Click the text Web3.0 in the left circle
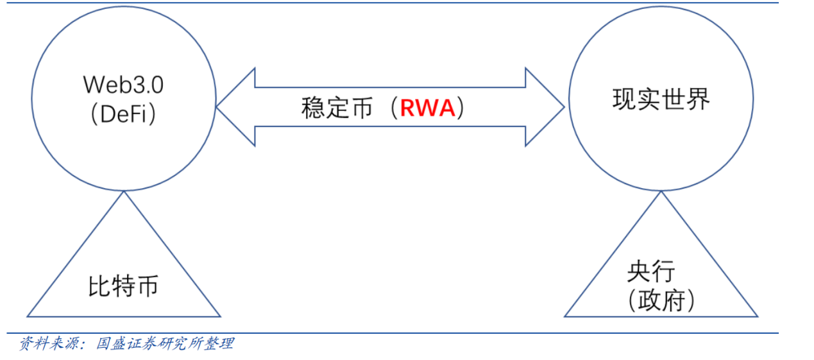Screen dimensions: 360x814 [x=123, y=85]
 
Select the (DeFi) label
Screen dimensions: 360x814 [x=123, y=114]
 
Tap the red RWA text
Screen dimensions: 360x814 [x=427, y=108]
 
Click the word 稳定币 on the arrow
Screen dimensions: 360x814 [x=337, y=108]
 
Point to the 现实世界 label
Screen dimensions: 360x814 [x=661, y=101]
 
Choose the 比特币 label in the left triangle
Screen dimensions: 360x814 [x=123, y=287]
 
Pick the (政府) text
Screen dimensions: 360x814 [x=661, y=300]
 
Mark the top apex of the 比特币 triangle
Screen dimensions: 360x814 [x=123, y=193]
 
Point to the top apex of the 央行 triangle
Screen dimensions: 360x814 [x=661, y=193]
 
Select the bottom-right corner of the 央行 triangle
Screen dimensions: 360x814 [x=757, y=316]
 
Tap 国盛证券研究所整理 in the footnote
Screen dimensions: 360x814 [x=165, y=344]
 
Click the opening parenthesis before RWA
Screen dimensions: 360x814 [x=392, y=108]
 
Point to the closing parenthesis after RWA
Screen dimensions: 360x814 [x=461, y=108]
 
